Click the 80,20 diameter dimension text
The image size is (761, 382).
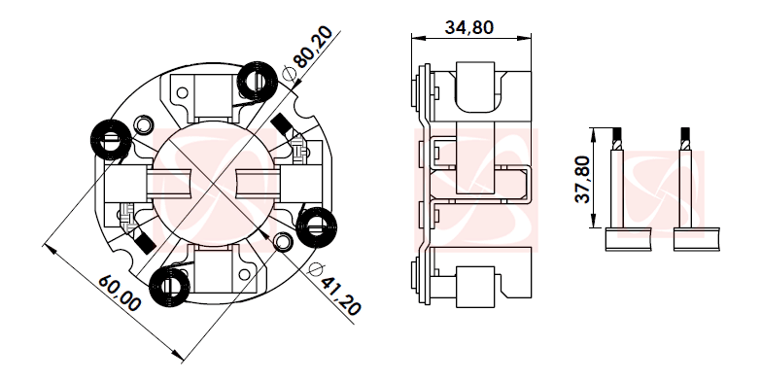tap(313, 48)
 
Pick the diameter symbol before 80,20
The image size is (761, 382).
tap(289, 71)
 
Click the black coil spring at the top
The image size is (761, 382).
tap(259, 79)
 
